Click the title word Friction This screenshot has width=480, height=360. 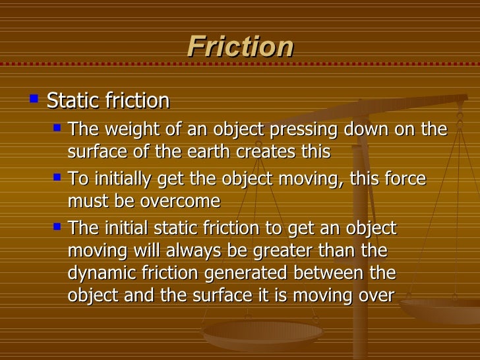[x=240, y=47]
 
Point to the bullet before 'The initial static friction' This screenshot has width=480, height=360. [x=57, y=226]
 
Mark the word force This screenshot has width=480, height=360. [x=405, y=179]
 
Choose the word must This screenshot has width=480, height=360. [x=86, y=201]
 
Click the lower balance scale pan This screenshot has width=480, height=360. [x=262, y=333]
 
